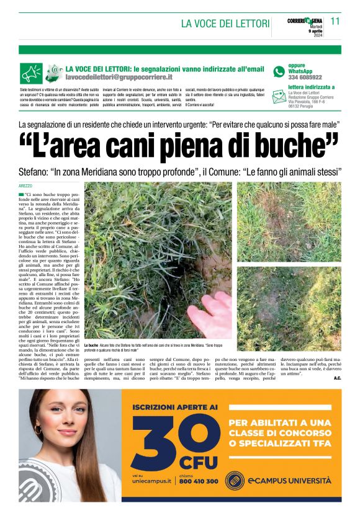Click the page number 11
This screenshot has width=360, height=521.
coord(335,20)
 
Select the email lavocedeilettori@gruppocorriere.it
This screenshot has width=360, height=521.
coord(119,77)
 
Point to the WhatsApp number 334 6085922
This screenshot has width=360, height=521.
coord(305,78)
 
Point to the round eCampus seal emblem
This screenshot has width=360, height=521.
coord(234,480)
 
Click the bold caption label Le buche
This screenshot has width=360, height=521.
coord(91,344)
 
